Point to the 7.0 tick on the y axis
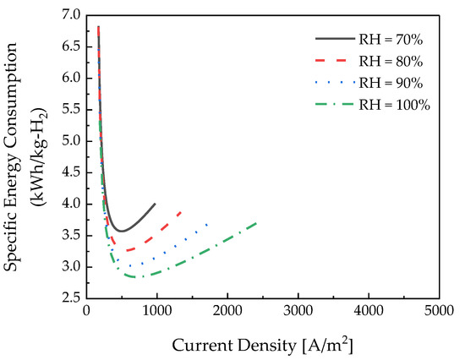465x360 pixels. pyautogui.click(x=68, y=15)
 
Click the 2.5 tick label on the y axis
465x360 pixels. pyautogui.click(x=68, y=298)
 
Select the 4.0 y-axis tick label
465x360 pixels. pyautogui.click(x=68, y=204)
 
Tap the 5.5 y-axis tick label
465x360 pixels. pyautogui.click(x=68, y=110)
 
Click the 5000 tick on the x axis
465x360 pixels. pyautogui.click(x=438, y=312)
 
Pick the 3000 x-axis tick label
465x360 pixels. pyautogui.click(x=297, y=312)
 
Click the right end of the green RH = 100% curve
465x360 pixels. pyautogui.click(x=256, y=222)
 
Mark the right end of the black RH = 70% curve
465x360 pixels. pyautogui.click(x=155, y=204)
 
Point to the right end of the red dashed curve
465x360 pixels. pyautogui.click(x=181, y=211)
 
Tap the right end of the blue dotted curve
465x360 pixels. pyautogui.click(x=207, y=223)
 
